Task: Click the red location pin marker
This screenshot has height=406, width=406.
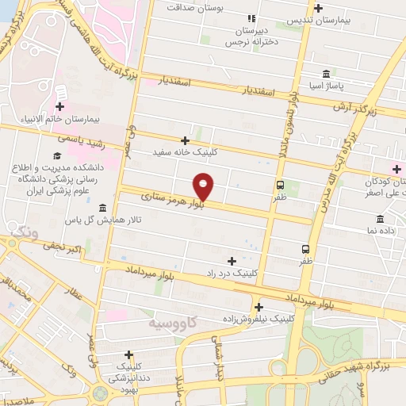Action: click(x=204, y=186)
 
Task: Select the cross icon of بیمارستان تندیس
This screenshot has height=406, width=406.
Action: click(x=318, y=9)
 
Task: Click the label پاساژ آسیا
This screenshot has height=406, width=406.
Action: click(x=327, y=83)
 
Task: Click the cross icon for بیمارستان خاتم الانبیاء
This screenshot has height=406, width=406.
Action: click(x=60, y=106)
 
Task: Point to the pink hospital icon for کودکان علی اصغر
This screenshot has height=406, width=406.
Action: click(x=397, y=167)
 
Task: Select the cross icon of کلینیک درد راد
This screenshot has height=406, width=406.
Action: click(x=232, y=260)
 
